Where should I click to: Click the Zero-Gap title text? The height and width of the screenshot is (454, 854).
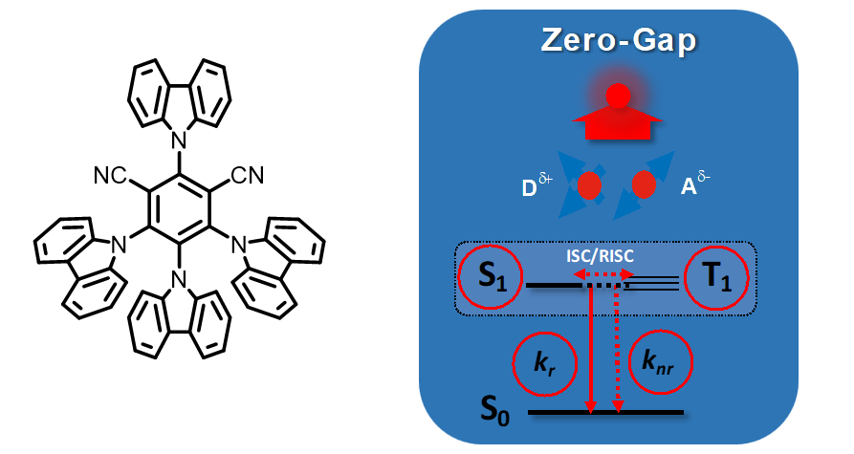618,41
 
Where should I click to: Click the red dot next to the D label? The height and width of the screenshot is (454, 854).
588,183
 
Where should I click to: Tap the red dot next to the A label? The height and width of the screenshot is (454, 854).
644,183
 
